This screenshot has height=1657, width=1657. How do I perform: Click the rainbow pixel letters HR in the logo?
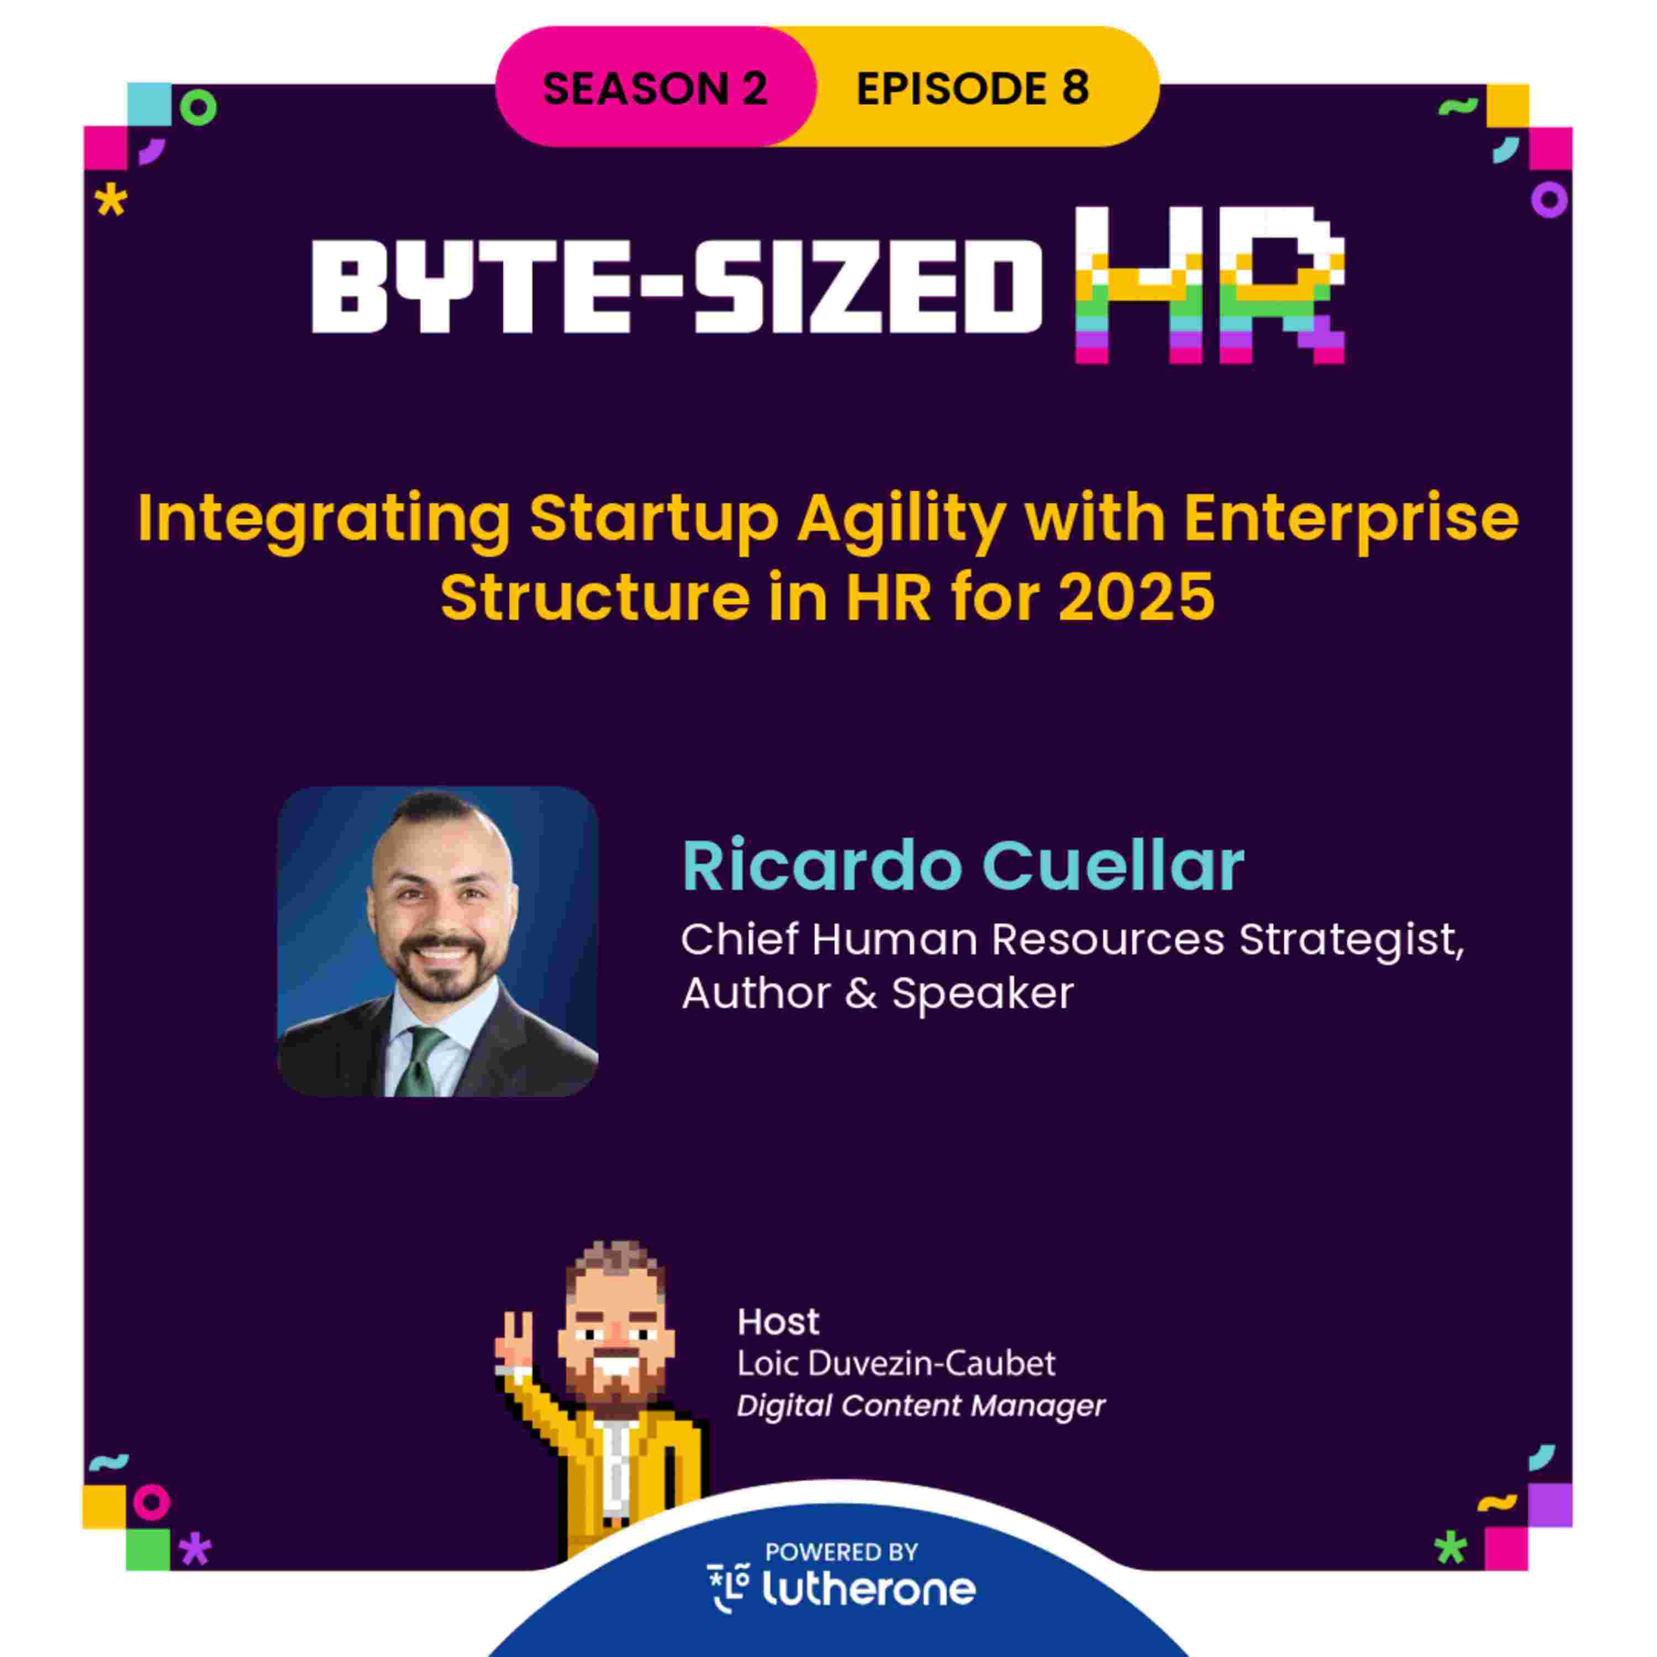pyautogui.click(x=1209, y=286)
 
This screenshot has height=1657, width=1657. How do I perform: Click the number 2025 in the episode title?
pyautogui.click(x=1136, y=597)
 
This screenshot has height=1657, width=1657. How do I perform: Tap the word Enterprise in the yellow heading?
pyautogui.click(x=1352, y=519)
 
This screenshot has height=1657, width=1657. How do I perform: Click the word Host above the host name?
pyautogui.click(x=778, y=1322)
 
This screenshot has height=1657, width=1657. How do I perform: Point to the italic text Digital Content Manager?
pyautogui.click(x=920, y=1406)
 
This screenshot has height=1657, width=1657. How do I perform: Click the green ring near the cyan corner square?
pyautogui.click(x=198, y=108)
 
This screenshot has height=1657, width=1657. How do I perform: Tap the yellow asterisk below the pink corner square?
pyautogui.click(x=110, y=202)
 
